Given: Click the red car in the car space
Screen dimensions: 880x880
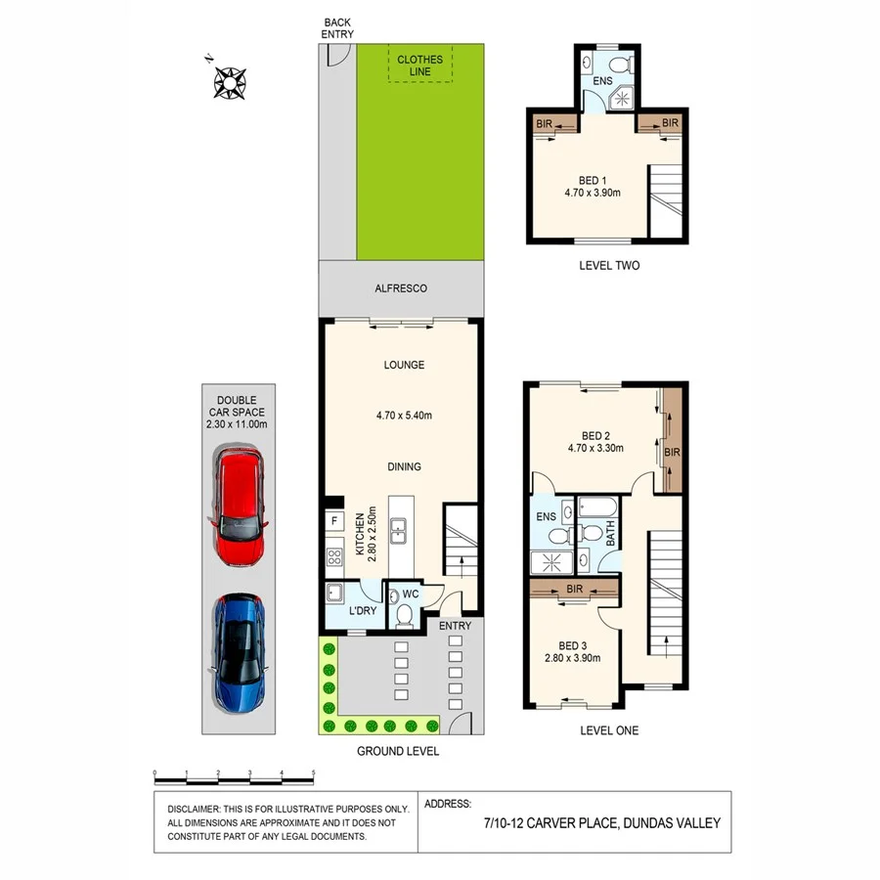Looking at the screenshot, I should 238,506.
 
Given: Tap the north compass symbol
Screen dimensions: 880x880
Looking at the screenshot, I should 229,81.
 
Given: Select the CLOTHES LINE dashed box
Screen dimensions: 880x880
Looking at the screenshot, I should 419,66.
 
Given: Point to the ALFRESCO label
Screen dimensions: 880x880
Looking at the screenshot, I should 401,289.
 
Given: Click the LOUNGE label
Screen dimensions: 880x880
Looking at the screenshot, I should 404,365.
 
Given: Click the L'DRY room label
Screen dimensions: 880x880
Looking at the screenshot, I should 363,611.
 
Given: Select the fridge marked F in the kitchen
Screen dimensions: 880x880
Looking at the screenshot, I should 335,520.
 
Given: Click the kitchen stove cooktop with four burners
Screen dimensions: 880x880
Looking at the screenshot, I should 335,558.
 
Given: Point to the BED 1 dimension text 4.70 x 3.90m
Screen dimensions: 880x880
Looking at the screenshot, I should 592,194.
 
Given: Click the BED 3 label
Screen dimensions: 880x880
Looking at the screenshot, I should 574,645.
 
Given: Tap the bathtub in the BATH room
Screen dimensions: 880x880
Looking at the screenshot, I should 595,507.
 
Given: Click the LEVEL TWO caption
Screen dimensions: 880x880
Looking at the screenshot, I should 610,265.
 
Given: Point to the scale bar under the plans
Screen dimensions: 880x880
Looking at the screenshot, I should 235,780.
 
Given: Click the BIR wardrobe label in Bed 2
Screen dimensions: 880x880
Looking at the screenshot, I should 672,452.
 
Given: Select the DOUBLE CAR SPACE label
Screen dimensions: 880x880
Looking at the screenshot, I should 238,412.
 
